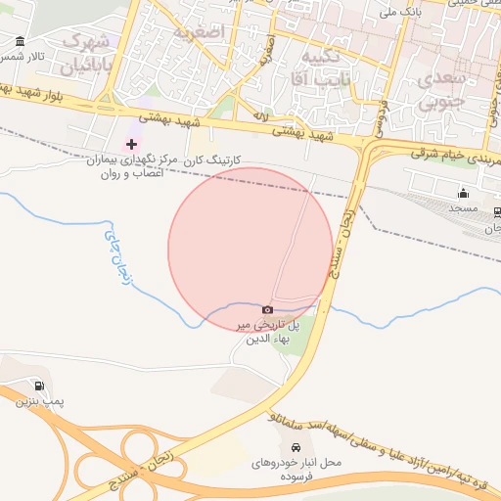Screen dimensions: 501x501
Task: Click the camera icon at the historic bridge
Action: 267,309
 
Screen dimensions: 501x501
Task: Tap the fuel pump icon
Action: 39,386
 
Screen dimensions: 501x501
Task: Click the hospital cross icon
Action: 132,144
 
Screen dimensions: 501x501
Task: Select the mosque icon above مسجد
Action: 463,192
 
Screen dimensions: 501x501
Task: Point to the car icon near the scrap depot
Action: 296,446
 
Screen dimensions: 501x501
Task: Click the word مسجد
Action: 462,208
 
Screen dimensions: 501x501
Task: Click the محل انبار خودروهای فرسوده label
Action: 296,468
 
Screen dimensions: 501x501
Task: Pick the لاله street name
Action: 260,116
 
